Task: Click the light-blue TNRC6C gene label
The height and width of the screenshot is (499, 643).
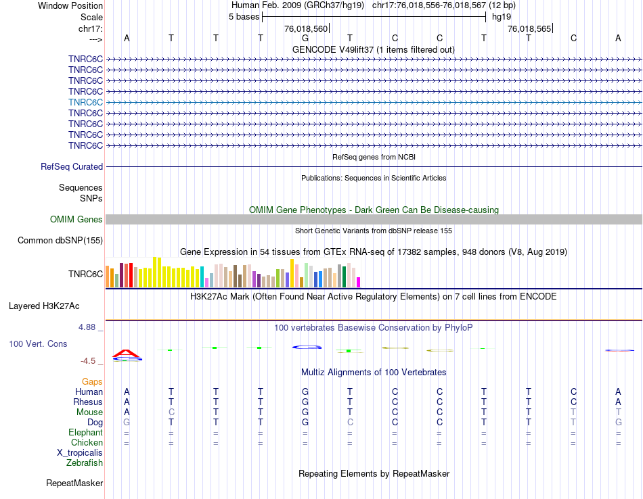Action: pyautogui.click(x=85, y=102)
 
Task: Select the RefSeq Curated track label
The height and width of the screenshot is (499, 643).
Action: pyautogui.click(x=72, y=166)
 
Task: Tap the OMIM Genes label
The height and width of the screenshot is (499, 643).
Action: pyautogui.click(x=76, y=219)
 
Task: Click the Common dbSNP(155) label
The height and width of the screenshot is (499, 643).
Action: pyautogui.click(x=60, y=240)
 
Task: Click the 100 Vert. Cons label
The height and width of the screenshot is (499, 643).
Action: pyautogui.click(x=38, y=343)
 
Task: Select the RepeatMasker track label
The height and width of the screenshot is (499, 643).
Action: pyautogui.click(x=74, y=483)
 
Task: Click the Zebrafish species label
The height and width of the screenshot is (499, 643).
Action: pyautogui.click(x=85, y=462)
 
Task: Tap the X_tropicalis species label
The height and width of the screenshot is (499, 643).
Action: pyautogui.click(x=80, y=452)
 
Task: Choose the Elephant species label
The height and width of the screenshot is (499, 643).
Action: pyautogui.click(x=85, y=432)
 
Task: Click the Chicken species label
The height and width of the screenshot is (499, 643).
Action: pyautogui.click(x=87, y=442)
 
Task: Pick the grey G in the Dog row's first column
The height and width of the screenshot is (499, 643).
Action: pyautogui.click(x=127, y=422)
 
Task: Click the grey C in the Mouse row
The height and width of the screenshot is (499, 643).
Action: pyautogui.click(x=171, y=412)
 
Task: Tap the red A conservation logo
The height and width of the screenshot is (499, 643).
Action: pyautogui.click(x=127, y=353)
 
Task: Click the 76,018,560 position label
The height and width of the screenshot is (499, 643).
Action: pyautogui.click(x=306, y=29)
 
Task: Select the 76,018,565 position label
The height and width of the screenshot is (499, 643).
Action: pyautogui.click(x=529, y=29)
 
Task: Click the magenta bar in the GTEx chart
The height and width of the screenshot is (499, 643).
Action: pyautogui.click(x=359, y=282)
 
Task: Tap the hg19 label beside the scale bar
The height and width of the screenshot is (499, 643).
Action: pyautogui.click(x=502, y=16)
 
